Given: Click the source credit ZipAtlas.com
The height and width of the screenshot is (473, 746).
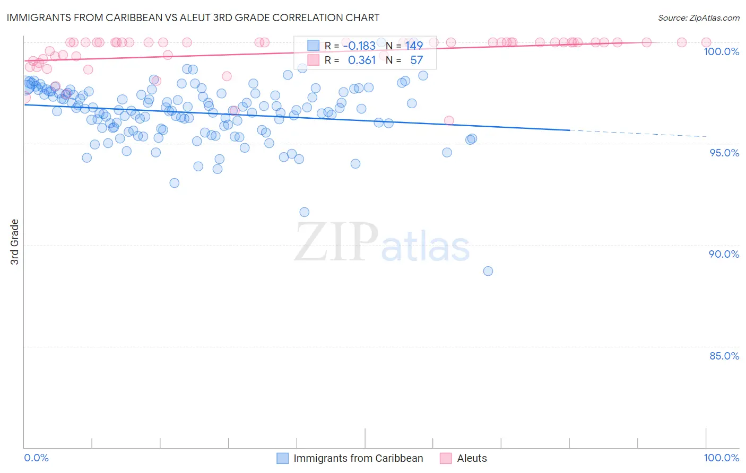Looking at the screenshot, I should pyautogui.click(x=698, y=17).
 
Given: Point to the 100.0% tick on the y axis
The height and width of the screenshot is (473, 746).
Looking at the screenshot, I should pyautogui.click(x=721, y=51).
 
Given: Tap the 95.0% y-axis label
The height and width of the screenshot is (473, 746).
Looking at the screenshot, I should pyautogui.click(x=724, y=153).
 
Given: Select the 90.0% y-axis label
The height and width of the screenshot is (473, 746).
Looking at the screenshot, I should pyautogui.click(x=724, y=254).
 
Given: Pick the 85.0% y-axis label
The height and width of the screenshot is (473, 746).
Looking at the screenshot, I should pyautogui.click(x=724, y=356).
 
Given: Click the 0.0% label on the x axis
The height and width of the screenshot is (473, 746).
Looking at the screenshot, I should pyautogui.click(x=36, y=458).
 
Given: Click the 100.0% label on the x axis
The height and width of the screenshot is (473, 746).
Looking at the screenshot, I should pyautogui.click(x=721, y=458).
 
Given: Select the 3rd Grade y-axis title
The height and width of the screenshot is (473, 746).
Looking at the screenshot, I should pyautogui.click(x=15, y=241).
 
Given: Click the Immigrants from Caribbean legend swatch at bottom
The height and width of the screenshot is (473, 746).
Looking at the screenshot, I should pyautogui.click(x=283, y=458).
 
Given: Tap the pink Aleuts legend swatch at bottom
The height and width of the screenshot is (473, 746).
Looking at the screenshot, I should pyautogui.click(x=446, y=458).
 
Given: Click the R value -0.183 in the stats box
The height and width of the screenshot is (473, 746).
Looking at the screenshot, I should pyautogui.click(x=359, y=46).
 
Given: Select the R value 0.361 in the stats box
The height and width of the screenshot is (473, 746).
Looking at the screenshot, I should pyautogui.click(x=361, y=60).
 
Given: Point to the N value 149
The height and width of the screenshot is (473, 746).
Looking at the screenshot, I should pyautogui.click(x=414, y=46).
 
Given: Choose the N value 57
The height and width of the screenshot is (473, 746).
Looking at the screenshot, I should pyautogui.click(x=417, y=60).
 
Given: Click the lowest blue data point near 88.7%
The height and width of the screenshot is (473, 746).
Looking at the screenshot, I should pyautogui.click(x=488, y=271).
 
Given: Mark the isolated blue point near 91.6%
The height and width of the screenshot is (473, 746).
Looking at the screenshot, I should pyautogui.click(x=304, y=212).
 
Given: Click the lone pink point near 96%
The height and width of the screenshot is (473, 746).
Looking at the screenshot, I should pyautogui.click(x=449, y=120).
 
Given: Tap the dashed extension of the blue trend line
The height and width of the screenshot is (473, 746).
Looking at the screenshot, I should pyautogui.click(x=637, y=133).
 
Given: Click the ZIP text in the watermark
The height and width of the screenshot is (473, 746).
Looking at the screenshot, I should pyautogui.click(x=336, y=242).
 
